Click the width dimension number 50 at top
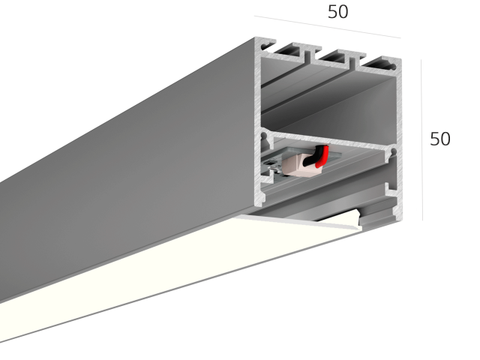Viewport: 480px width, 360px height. (x=338, y=12)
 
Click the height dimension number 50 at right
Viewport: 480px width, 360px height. (x=440, y=139)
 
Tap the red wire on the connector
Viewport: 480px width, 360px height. (x=323, y=156)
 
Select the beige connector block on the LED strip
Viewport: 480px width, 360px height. (x=299, y=166)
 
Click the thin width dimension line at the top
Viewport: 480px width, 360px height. (x=327, y=27)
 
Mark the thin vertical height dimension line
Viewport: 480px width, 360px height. (x=421, y=140)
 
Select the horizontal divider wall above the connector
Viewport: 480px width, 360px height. (x=328, y=141)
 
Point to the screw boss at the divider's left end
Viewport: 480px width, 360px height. (x=265, y=137)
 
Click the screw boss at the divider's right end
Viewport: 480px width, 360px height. (x=393, y=153)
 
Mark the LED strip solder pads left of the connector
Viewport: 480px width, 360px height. (x=273, y=166)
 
